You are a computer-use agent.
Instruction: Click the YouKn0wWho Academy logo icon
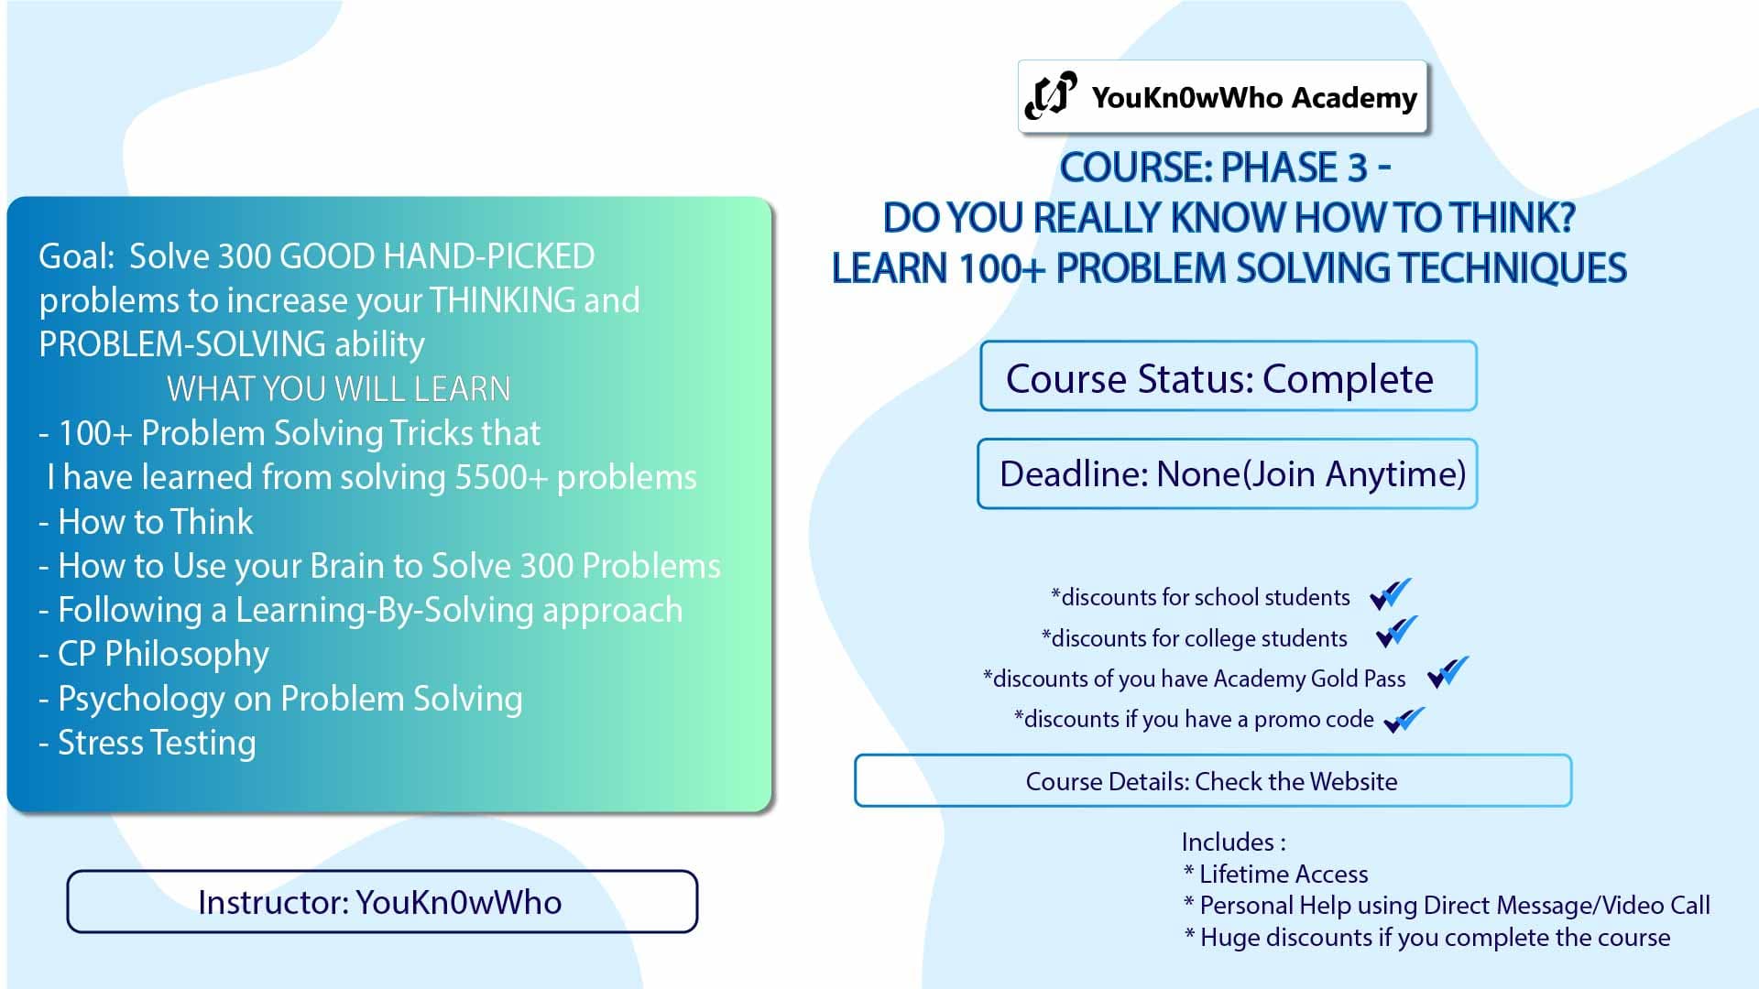coord(1050,95)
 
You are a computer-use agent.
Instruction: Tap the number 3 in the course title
coord(1357,168)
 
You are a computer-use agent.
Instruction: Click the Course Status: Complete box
coord(1228,377)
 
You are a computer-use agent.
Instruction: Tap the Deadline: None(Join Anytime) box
coord(1228,474)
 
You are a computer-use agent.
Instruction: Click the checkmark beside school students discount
coord(1390,594)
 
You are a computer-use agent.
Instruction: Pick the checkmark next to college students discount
coord(1396,633)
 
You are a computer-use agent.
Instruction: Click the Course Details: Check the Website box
coord(1212,781)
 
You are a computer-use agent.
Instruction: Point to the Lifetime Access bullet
coord(1283,875)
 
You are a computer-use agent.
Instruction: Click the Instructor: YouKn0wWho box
coord(381,902)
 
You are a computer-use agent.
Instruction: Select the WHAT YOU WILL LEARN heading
coord(338,389)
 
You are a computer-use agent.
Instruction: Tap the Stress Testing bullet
coord(156,743)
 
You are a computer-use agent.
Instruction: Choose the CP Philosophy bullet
coord(163,654)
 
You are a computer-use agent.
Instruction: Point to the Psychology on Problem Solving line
coord(290,699)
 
